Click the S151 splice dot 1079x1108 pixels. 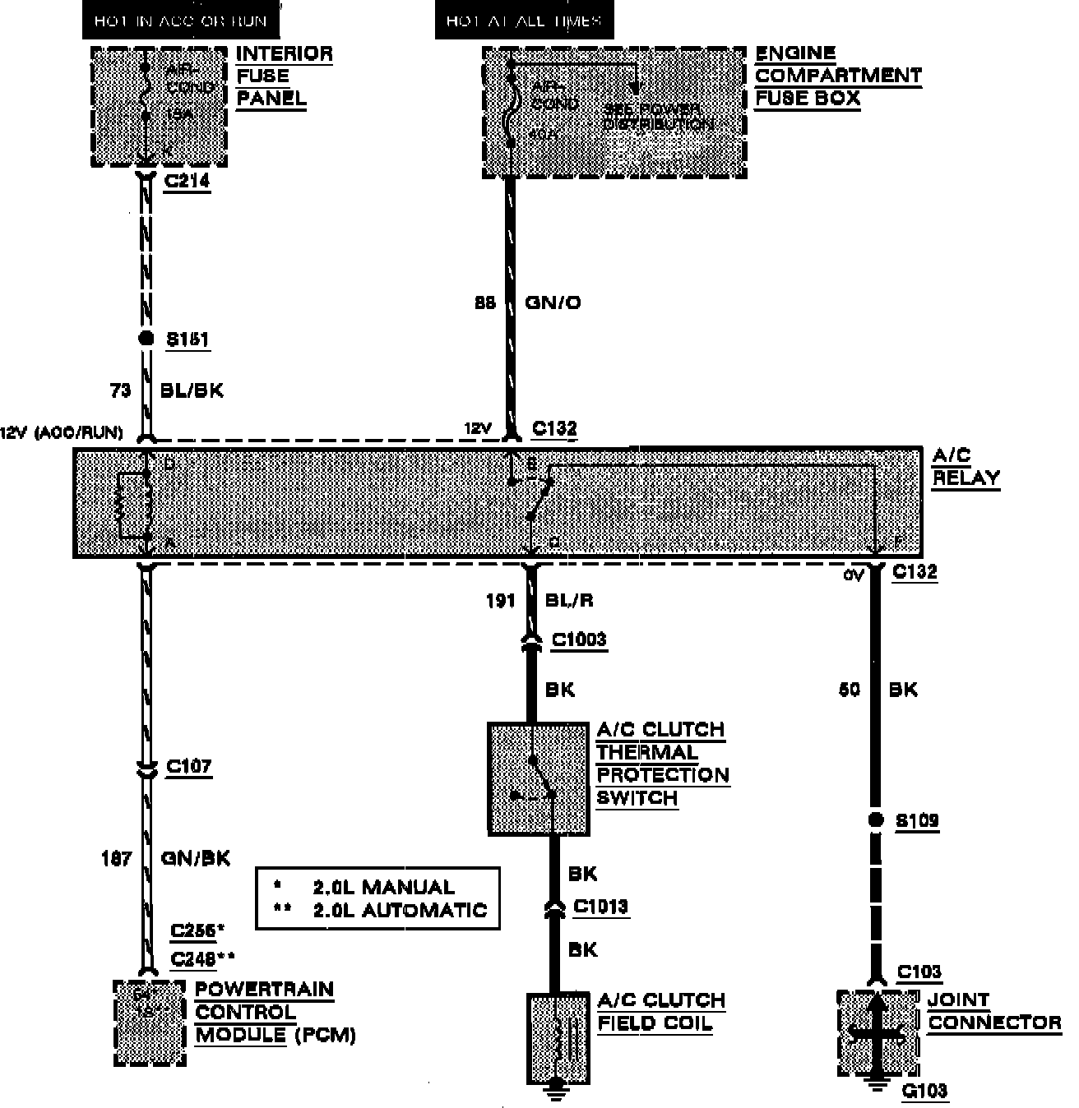tap(146, 339)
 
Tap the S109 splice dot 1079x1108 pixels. tap(876, 819)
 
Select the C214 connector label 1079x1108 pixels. tap(187, 181)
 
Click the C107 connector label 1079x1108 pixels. tap(188, 766)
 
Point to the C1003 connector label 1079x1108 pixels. tap(579, 639)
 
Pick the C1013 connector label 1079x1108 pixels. tap(600, 906)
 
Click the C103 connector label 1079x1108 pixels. tap(919, 972)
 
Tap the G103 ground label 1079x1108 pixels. tap(924, 1091)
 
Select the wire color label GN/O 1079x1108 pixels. tap(553, 302)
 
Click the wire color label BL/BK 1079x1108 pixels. tap(192, 390)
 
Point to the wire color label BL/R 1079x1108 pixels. tap(569, 600)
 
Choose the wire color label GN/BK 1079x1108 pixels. tap(195, 858)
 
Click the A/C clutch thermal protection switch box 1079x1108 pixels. tap(539, 778)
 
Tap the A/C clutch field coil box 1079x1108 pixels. tap(558, 1037)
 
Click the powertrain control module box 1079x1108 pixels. tap(150, 1023)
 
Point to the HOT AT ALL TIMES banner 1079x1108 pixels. tap(524, 21)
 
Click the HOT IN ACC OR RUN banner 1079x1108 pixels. tap(180, 21)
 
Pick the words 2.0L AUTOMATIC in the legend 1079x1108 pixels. tap(400, 910)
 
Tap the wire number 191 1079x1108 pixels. tap(500, 601)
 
